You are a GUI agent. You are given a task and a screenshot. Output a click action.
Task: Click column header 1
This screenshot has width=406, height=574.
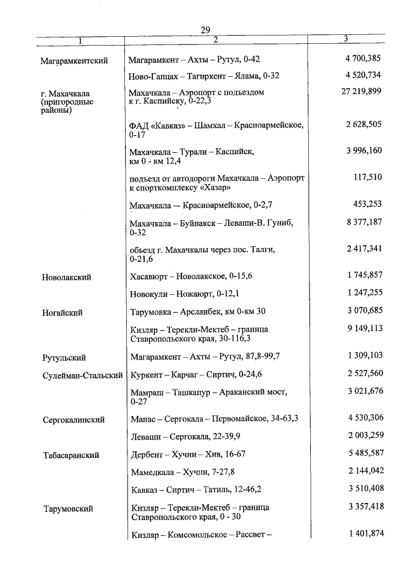pos(80,41)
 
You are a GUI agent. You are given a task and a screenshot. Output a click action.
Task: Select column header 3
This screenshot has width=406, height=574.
pos(346,39)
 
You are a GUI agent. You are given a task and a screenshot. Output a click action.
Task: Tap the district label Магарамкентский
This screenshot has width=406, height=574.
pos(73,60)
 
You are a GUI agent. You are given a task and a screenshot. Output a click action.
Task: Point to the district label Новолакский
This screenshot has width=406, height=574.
pos(67,277)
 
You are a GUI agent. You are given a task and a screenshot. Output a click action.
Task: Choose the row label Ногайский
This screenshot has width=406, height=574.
pos(62,313)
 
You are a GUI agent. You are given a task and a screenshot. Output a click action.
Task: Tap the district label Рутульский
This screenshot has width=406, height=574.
pos(64,358)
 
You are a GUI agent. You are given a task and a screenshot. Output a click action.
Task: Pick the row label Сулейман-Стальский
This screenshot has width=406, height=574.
pos(82,375)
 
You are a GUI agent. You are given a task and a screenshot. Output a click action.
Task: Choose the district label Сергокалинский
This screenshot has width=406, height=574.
pos(73,420)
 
